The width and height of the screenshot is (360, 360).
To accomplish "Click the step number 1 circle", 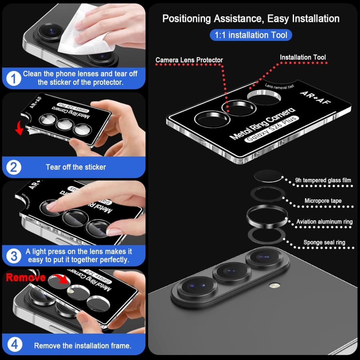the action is coord(14,78).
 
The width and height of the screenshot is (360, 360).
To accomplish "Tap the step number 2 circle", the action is coord(14,167).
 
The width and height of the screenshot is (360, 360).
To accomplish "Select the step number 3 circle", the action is coord(14,256).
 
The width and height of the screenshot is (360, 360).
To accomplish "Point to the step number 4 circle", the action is coord(15,344).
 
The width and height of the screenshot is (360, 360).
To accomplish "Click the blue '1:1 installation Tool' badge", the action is coord(251,35).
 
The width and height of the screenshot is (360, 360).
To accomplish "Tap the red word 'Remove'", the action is coord(26,277).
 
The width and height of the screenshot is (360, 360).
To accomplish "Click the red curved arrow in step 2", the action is coord(20,128).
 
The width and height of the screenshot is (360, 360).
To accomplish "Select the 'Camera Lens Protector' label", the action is coord(189,60).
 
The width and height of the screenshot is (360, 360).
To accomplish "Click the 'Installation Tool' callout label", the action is coord(303,57).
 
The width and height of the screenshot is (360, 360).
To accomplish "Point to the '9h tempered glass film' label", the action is coord(323,180).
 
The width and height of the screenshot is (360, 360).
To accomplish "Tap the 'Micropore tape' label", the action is coord(323,201).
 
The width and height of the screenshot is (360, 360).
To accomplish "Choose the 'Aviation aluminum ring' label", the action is coord(324,222).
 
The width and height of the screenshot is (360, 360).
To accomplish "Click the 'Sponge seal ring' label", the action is coord(324,242).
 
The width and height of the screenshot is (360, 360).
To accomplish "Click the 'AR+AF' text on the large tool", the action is coord(316,97).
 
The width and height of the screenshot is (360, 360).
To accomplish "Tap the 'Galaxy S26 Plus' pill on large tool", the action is coord(272,129).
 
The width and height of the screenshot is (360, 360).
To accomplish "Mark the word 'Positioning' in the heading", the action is coord(186,19).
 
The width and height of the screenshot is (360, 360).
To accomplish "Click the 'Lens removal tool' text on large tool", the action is coord(280,86).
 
